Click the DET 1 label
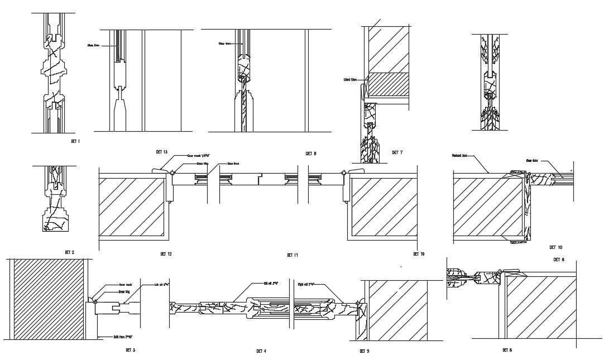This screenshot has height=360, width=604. pos(75,142)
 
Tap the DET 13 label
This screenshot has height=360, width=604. pos(162,152)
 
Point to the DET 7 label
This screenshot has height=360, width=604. pos(397,152)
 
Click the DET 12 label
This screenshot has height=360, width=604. pos(166,254)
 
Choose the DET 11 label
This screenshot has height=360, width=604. pos(293,255)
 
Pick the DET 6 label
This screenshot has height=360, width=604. pos(559,260)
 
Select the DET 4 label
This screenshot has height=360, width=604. pos(261,351)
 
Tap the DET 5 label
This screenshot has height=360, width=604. pos(364,351)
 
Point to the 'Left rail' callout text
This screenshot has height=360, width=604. pos(161,284)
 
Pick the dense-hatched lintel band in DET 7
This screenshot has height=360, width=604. pos(390,84)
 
